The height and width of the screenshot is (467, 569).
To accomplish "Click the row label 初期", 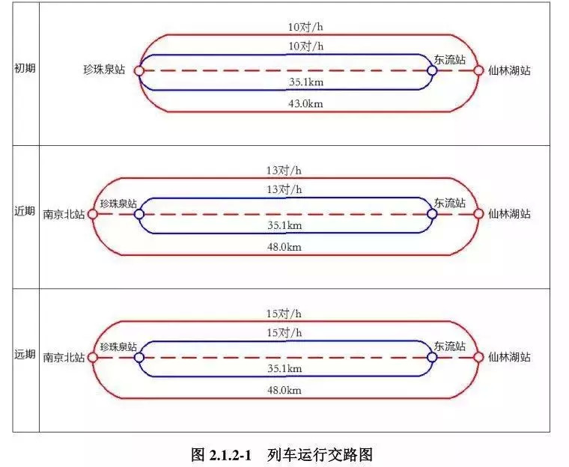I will click(25, 68).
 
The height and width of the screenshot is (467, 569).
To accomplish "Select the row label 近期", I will click(25, 211).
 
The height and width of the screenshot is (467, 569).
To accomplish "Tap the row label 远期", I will click(25, 355).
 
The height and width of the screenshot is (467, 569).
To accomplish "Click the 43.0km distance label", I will click(305, 104).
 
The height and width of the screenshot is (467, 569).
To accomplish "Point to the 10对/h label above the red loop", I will click(305, 27).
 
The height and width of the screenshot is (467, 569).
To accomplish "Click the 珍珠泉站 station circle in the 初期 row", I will click(139, 70).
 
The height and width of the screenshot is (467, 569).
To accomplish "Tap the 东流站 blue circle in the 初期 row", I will click(432, 70).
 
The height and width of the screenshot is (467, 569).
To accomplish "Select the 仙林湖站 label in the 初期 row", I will click(509, 70).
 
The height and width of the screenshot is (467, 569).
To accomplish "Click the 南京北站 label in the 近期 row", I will click(64, 214).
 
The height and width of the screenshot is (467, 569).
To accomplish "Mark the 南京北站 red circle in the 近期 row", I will click(93, 214).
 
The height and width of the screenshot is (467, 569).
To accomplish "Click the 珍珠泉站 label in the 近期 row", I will click(118, 204).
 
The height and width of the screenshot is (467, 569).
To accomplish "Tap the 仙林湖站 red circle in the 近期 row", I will click(478, 214).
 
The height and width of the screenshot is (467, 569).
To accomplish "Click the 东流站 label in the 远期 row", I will click(450, 347).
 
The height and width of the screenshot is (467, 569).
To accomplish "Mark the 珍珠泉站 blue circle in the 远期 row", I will click(139, 358).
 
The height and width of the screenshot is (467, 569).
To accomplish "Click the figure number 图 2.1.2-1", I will click(224, 454).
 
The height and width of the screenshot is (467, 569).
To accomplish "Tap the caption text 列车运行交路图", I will click(320, 454).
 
